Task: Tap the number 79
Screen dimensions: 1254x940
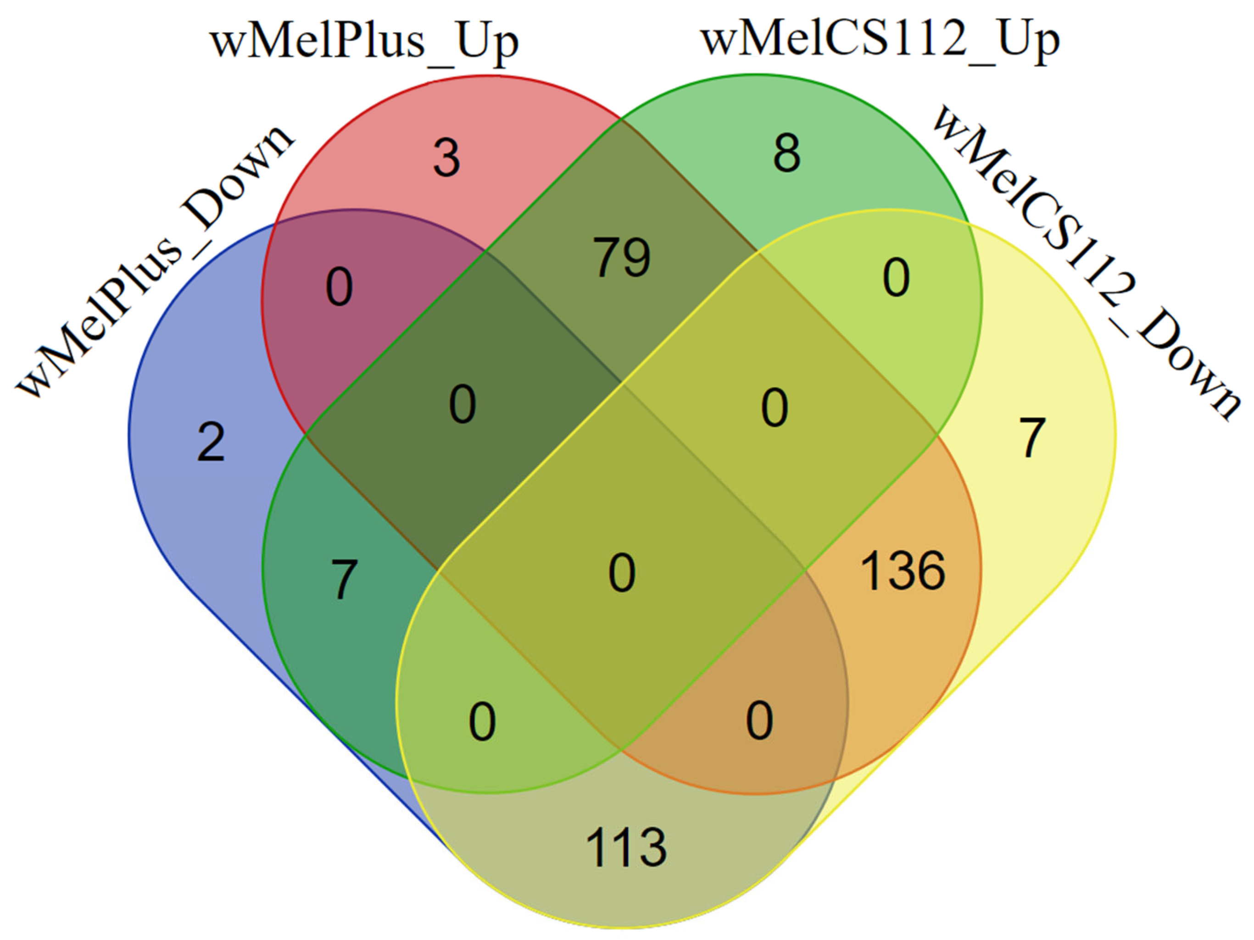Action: [622, 258]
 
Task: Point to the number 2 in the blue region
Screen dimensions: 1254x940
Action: [211, 442]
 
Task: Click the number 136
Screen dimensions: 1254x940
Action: [903, 570]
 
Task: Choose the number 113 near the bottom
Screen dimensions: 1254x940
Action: [625, 848]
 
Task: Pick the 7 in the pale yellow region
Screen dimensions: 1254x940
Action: [1032, 437]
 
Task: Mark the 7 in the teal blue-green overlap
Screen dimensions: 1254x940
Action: [344, 579]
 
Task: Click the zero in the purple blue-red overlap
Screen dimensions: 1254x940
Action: [339, 287]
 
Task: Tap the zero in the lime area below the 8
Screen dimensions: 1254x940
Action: [896, 277]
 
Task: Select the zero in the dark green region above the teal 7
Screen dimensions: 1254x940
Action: [462, 404]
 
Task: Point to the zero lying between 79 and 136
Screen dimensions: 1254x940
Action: [775, 408]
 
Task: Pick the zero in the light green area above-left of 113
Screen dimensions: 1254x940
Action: [482, 722]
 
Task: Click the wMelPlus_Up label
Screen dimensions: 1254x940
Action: [364, 43]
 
